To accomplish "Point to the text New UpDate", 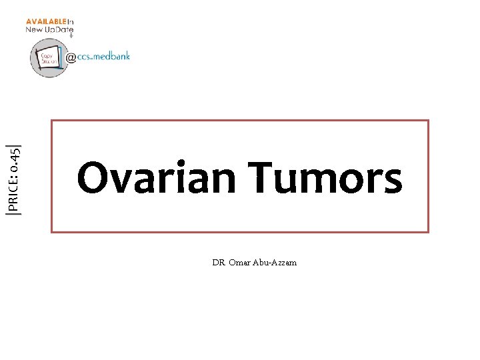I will (x=49, y=30).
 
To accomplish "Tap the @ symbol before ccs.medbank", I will (x=71, y=58).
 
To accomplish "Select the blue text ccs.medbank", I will (x=103, y=57).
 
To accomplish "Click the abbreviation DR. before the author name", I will (x=219, y=263).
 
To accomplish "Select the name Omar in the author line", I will (x=239, y=263).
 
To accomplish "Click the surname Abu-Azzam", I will (x=275, y=263).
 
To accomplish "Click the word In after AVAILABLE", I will (x=70, y=21).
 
